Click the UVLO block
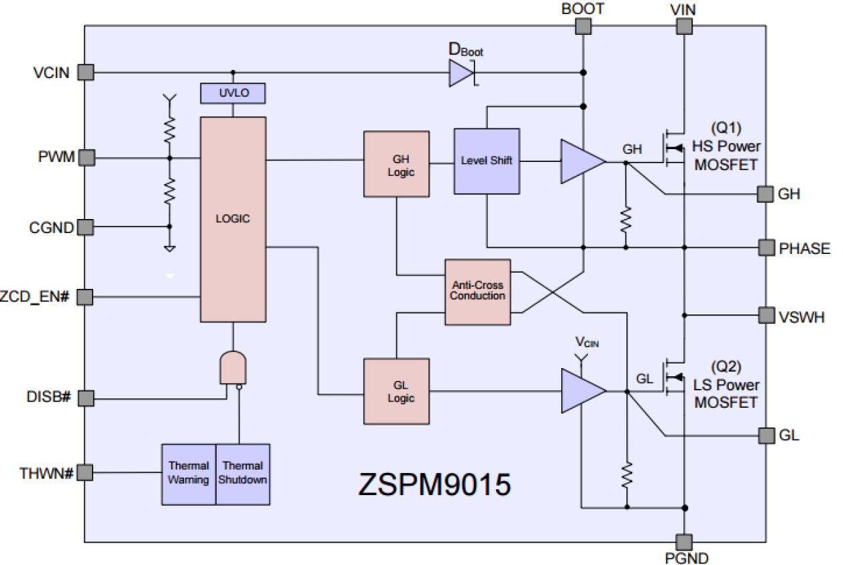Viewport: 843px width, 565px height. pos(233,93)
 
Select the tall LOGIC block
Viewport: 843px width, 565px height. pos(233,219)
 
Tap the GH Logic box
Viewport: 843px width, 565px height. pos(396,164)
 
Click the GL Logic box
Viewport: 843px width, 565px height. pos(396,391)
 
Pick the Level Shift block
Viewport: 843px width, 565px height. pos(487,161)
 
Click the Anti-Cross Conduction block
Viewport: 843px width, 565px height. pos(477,292)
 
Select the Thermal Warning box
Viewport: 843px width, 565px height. pos(189,474)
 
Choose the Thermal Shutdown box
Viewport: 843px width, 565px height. pos(243,474)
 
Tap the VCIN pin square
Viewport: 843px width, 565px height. pos(85,73)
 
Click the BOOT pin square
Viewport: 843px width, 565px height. pos(583,26)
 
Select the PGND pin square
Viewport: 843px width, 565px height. pos(683,541)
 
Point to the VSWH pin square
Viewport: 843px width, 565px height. pos(766,315)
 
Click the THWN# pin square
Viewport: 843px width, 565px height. pos(85,473)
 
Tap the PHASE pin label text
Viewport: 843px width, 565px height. pos(804,249)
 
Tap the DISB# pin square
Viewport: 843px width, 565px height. pos(85,398)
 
